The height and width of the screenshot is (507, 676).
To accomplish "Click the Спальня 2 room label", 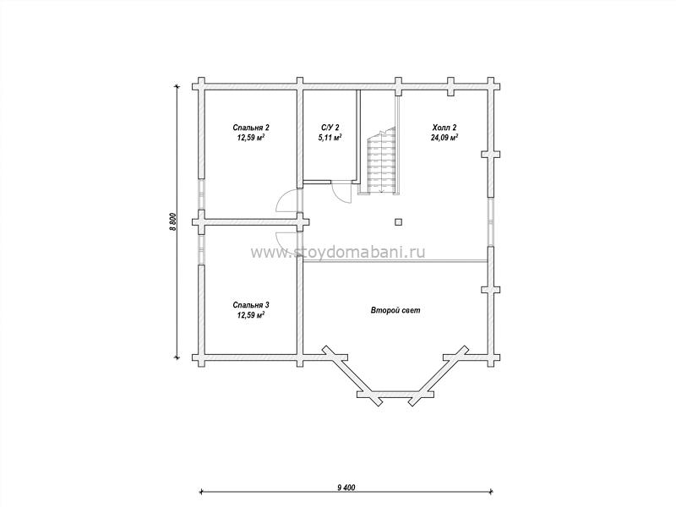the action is click(251, 128).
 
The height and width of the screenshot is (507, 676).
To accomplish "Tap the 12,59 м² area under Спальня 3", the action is click(251, 315).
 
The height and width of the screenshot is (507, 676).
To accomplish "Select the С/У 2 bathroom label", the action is click(330, 128).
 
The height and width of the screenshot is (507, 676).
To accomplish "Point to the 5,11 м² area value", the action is click(330, 138).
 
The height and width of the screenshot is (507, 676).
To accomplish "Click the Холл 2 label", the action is click(444, 128).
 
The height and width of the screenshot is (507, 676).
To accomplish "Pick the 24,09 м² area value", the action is click(444, 138).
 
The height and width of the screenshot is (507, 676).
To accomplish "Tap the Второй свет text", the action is click(395, 310).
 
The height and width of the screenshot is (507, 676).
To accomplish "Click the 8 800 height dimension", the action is click(172, 222).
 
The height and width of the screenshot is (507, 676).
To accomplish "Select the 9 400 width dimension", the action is click(346, 488).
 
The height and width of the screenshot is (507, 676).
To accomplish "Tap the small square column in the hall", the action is click(398, 222).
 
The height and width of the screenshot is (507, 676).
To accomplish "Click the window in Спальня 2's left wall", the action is click(201, 194).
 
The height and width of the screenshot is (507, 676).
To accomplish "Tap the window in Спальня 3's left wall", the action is click(201, 249).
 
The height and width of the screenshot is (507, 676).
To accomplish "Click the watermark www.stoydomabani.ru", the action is click(337, 252).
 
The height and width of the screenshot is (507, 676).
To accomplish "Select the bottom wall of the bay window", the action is click(395, 394).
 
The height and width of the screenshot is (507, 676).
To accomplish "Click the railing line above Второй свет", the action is click(395, 261).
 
